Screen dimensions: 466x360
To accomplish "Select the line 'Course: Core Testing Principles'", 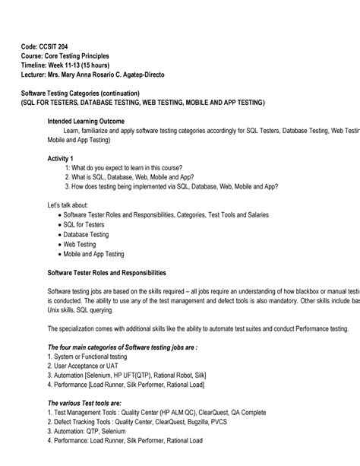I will [65, 55].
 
